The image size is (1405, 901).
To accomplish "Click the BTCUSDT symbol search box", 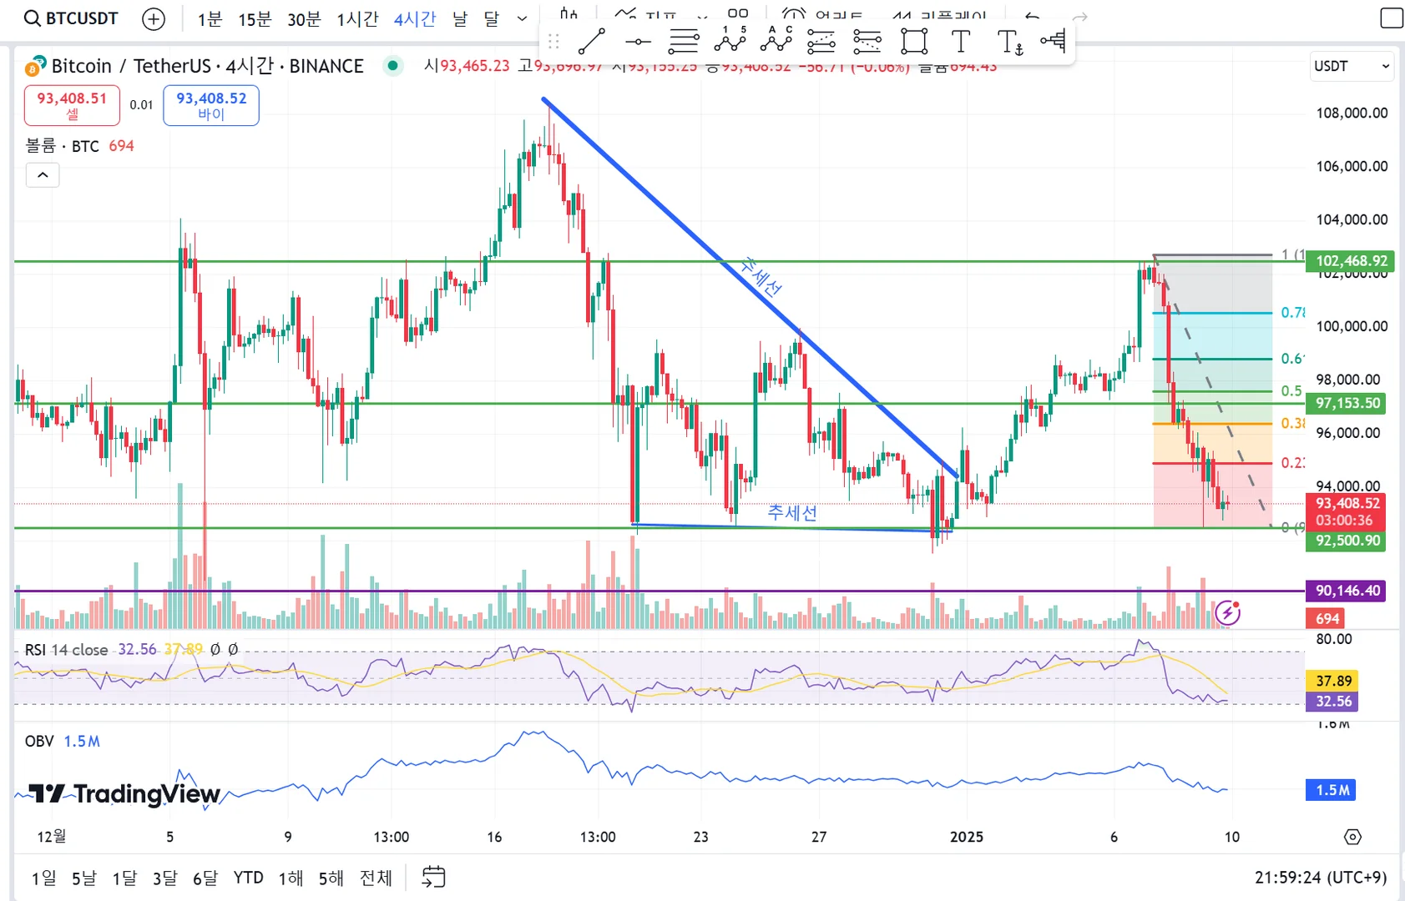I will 72,18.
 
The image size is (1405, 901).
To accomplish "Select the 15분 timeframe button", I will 255,19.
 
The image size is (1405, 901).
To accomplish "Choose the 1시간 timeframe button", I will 357,19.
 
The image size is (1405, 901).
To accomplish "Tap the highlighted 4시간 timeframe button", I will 415,19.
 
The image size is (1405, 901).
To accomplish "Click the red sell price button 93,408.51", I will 72,105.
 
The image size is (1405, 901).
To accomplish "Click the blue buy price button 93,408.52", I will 211,105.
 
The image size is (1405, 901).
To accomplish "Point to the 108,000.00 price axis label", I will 1352,113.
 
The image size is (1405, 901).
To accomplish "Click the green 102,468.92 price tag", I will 1350,261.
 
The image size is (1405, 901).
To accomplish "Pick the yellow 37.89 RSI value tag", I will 1333,681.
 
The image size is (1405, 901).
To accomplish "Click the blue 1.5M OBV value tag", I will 1332,790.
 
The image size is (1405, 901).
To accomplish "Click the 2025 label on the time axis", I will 967,837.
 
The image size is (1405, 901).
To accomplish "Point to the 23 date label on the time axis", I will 700,837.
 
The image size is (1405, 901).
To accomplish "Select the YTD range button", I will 248,878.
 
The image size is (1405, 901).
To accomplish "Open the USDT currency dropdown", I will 1352,67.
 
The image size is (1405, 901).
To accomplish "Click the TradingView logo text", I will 126,793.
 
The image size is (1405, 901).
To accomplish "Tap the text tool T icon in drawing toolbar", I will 961,41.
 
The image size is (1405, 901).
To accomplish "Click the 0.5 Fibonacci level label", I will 1291,391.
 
